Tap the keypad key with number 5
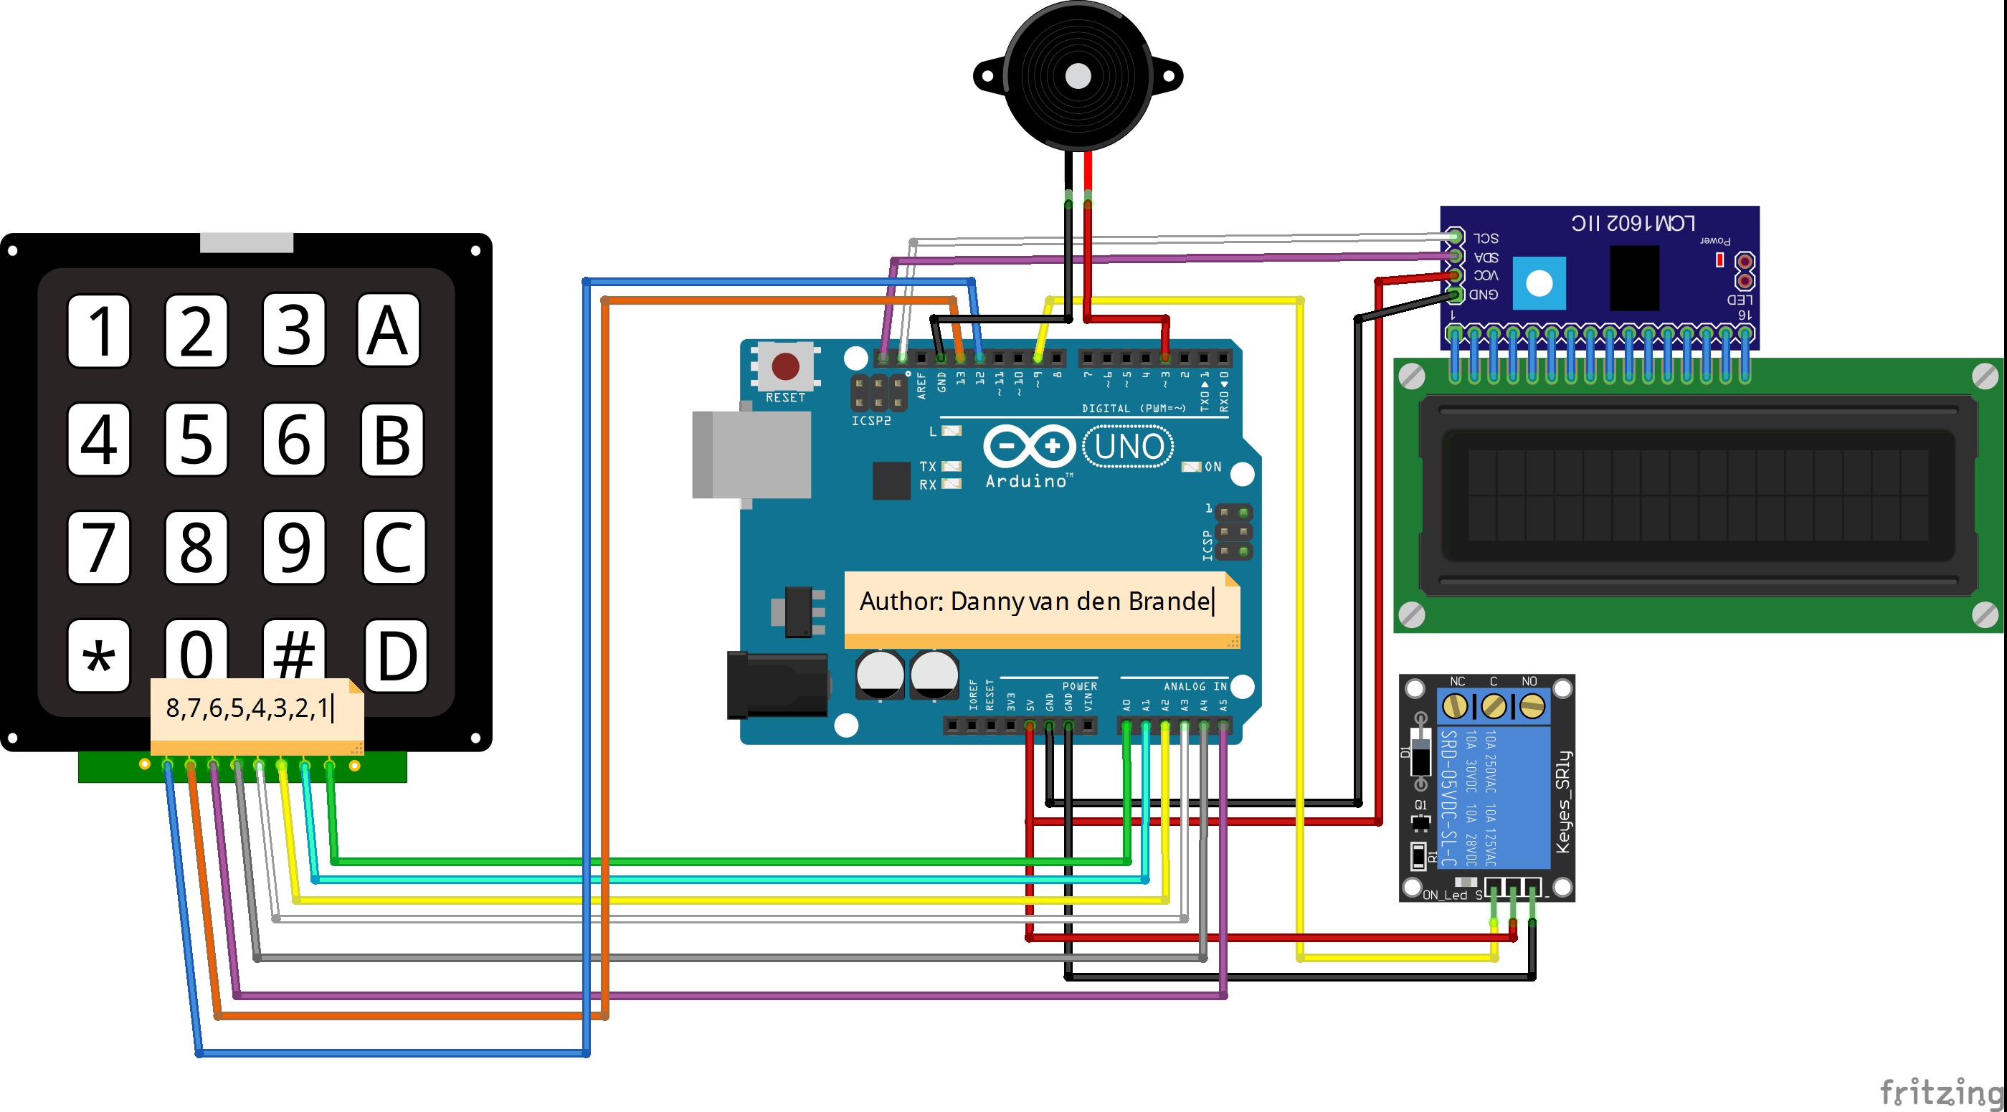pyautogui.click(x=196, y=439)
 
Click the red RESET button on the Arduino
pyautogui.click(x=784, y=366)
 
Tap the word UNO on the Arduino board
pyautogui.click(x=1128, y=447)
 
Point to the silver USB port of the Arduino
pyautogui.click(x=752, y=455)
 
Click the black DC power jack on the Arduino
pyautogui.click(x=777, y=685)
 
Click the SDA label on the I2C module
pyautogui.click(x=1486, y=257)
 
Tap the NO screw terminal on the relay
pyautogui.click(x=1532, y=707)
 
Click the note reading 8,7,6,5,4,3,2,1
pyautogui.click(x=248, y=708)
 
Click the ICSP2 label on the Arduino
pyautogui.click(x=870, y=421)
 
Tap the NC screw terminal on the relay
pyautogui.click(x=1454, y=707)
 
